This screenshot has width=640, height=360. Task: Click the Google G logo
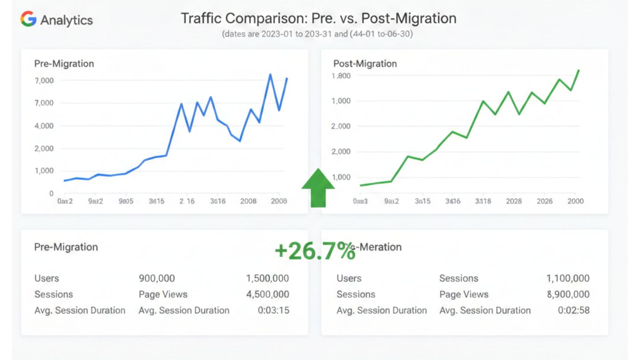(x=28, y=19)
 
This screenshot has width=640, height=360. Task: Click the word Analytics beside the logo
(x=67, y=20)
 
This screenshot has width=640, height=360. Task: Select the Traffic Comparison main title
(x=318, y=18)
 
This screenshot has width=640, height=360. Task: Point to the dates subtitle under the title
(x=317, y=34)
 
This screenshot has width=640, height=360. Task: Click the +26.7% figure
(x=315, y=251)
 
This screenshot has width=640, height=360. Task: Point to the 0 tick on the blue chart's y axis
(x=52, y=193)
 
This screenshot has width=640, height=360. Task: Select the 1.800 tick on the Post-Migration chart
(x=341, y=76)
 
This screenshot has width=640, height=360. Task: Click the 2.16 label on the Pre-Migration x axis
(x=187, y=201)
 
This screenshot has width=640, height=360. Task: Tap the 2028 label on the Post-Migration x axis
(x=514, y=201)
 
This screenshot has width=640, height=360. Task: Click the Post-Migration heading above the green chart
(x=365, y=64)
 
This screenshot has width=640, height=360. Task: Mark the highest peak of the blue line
(x=270, y=74)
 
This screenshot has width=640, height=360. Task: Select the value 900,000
(x=157, y=278)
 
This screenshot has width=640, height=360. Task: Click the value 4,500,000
(x=268, y=294)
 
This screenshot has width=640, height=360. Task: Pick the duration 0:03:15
(x=273, y=310)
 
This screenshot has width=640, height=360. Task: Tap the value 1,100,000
(x=568, y=278)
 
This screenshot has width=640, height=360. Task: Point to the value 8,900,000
(x=568, y=294)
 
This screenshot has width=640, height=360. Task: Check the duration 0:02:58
(x=574, y=310)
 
